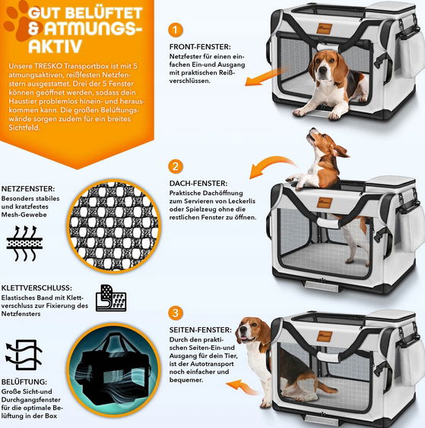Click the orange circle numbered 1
pos(176,30)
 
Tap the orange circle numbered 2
pos(176,166)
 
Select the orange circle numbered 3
pos(176,313)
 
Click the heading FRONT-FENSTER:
pos(200,47)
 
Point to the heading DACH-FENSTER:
pos(198,184)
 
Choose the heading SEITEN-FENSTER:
pos(201,330)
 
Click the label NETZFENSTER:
pos(28,189)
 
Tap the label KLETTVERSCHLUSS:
pos(36,288)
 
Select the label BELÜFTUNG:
pos(24,382)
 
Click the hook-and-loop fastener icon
pos(111,297)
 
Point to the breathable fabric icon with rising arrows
pos(24,243)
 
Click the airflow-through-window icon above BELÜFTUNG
pos(24,354)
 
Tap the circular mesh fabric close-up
pos(114,227)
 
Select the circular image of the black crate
pos(114,370)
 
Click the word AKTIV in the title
pos(55,46)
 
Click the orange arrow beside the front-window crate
pos(265,77)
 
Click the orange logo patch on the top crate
pos(325,29)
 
